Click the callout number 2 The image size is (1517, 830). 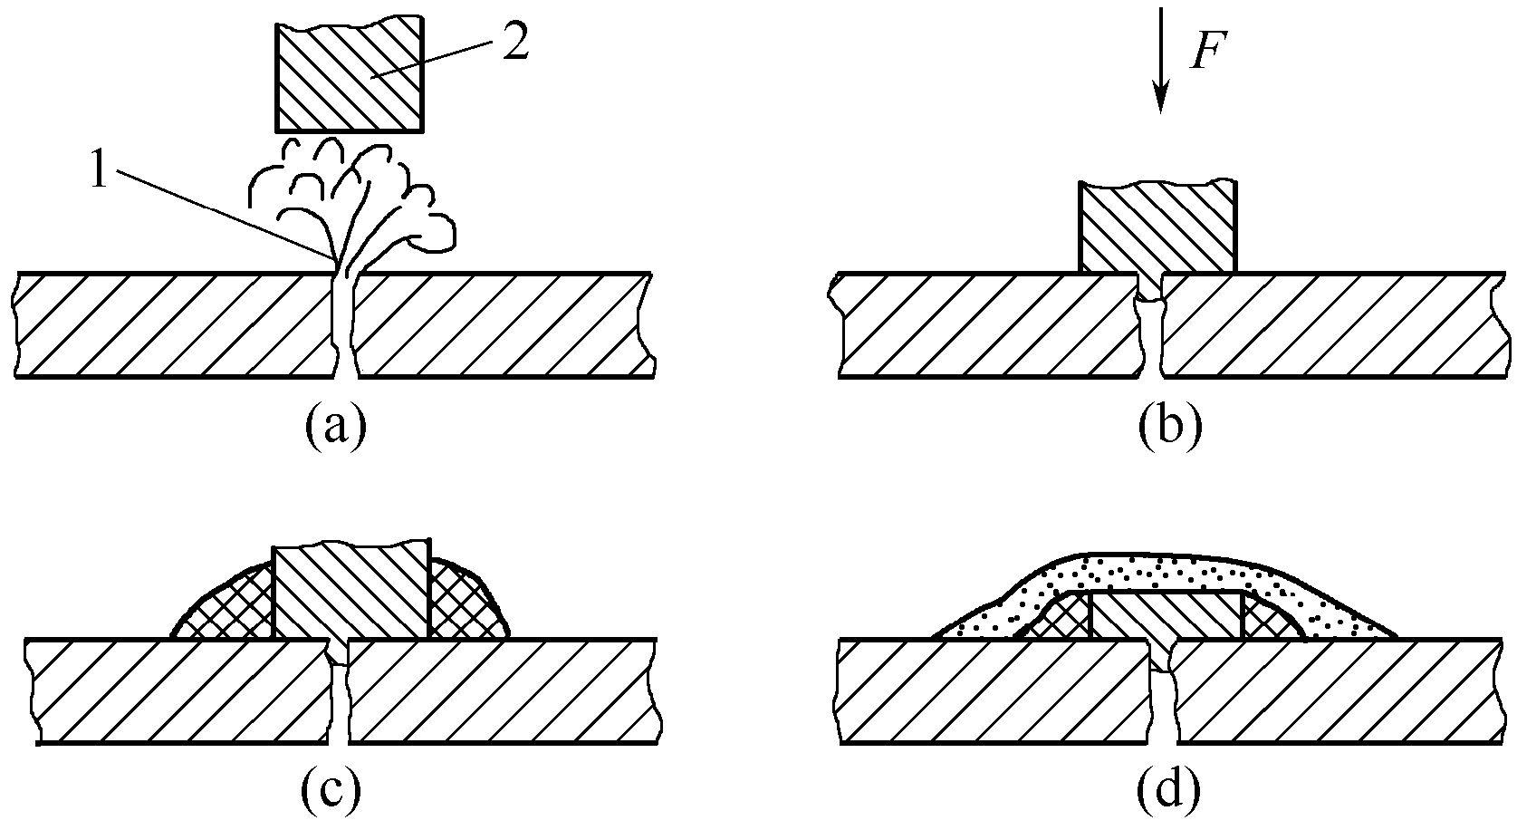(x=513, y=45)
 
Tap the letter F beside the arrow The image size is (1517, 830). (x=1206, y=54)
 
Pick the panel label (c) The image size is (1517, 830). (x=330, y=790)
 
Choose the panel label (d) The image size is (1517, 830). (x=1168, y=790)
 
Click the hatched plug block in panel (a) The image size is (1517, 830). (x=349, y=77)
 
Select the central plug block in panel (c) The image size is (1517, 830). (x=350, y=594)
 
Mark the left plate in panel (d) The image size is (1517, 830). (x=987, y=692)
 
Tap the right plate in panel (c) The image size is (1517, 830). (x=503, y=692)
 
